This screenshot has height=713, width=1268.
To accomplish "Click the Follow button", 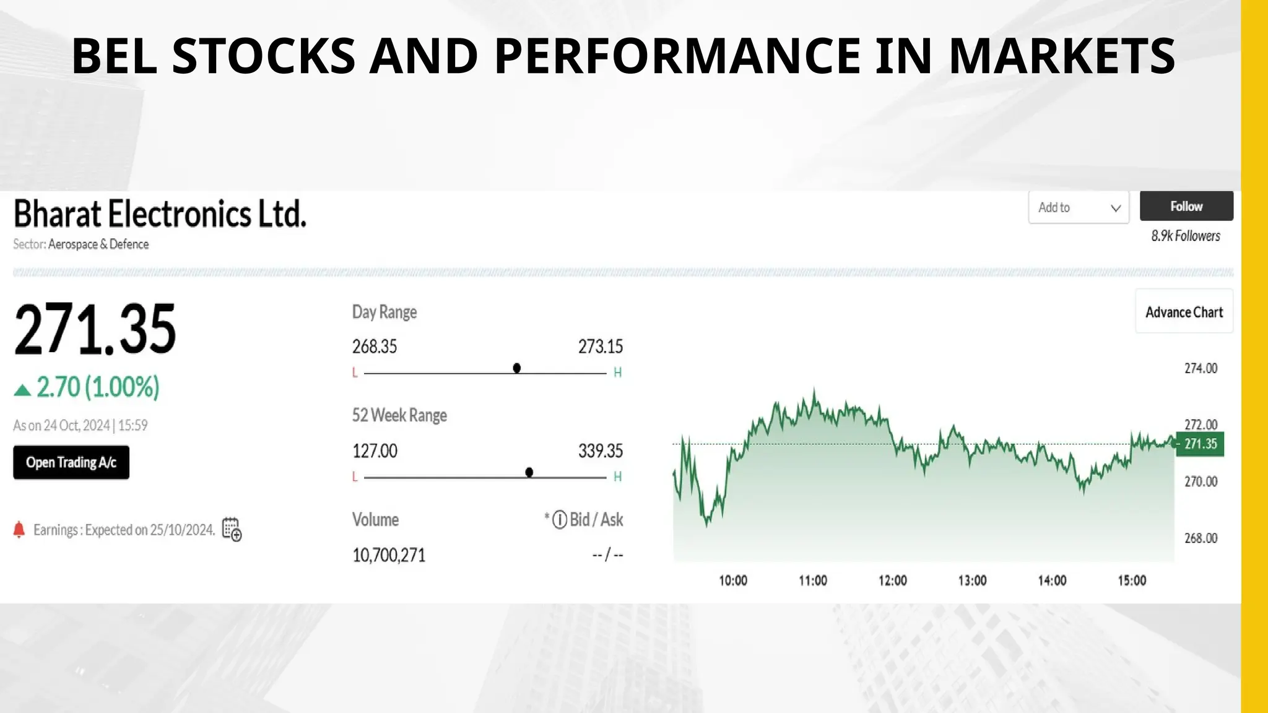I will (x=1186, y=206).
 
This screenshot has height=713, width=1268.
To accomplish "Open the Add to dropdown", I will (x=1079, y=207).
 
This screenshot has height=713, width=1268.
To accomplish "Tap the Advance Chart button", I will (x=1184, y=312).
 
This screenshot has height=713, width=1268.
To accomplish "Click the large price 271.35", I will (x=95, y=329).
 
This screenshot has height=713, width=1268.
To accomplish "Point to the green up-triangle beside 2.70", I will (x=22, y=390).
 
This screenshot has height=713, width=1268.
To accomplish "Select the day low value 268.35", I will (x=375, y=347).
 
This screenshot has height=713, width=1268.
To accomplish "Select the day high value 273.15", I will (x=601, y=347).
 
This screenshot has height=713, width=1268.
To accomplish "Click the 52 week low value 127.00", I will (x=375, y=451).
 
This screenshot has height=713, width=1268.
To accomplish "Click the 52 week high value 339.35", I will (x=601, y=451).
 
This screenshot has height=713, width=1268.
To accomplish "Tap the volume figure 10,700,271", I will (x=389, y=555).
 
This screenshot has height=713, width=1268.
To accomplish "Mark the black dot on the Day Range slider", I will (x=517, y=368).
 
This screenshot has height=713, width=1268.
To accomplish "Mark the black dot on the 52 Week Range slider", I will (x=529, y=472).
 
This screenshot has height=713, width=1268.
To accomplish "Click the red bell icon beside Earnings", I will (x=19, y=530).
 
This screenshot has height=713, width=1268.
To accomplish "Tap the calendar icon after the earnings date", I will (x=232, y=529).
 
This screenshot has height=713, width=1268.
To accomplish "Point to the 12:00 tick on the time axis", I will (x=892, y=581).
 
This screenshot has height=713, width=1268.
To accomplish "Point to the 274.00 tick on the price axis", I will (x=1201, y=368).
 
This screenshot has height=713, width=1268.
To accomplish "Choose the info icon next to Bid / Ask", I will (x=560, y=519).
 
